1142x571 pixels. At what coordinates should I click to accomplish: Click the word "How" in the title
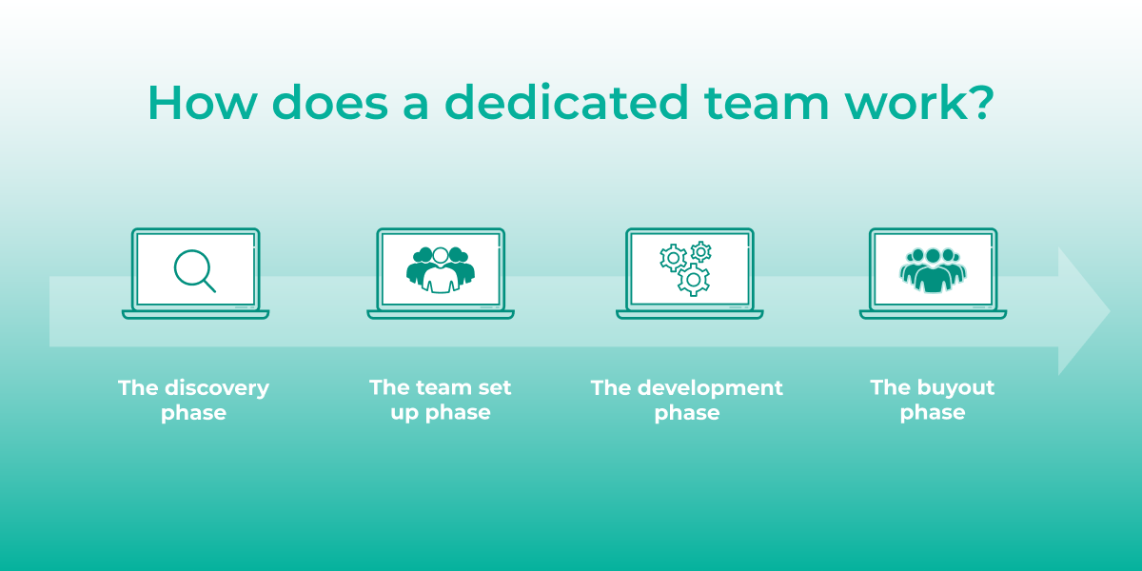pos(193,103)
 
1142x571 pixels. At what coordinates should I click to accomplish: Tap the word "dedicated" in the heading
pos(565,103)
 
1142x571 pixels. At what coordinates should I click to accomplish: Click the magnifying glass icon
pos(194,269)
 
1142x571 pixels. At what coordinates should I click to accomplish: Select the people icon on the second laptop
pos(440,269)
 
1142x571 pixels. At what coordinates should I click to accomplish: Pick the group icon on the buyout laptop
pos(933,269)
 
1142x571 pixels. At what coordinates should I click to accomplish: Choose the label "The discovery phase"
pos(194,400)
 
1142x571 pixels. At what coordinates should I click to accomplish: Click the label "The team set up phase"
pos(441,400)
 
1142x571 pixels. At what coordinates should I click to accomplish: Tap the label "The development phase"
pos(687,400)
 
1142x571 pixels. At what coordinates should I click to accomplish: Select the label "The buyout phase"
pos(933,400)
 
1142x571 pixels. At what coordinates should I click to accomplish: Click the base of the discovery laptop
pos(195,313)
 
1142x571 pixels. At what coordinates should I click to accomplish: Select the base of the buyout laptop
pos(933,313)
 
